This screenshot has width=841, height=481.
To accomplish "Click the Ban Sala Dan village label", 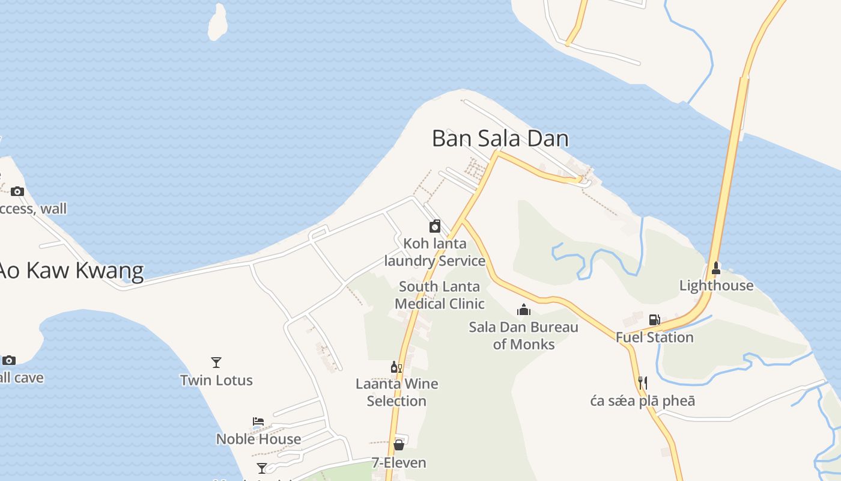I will (500, 139).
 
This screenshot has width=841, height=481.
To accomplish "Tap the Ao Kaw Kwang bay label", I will (71, 271).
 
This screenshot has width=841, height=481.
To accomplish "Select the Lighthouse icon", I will (715, 268).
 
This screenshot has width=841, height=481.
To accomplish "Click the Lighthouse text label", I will (716, 286).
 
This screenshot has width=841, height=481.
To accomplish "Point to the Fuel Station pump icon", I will (654, 320).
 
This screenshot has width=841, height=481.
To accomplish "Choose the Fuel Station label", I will (654, 337).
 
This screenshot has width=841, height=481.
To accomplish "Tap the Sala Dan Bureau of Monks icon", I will (524, 310).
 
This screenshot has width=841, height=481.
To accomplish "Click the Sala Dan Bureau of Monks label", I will (523, 335).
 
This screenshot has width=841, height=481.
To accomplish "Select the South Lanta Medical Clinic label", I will (440, 295).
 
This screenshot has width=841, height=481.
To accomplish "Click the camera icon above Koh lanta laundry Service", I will (435, 226).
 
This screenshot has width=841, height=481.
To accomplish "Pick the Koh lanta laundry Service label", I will (435, 253).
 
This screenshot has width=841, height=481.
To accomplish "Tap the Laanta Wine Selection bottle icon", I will (396, 367).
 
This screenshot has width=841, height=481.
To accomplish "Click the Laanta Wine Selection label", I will (396, 392).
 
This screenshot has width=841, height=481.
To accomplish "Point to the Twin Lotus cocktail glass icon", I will (216, 362).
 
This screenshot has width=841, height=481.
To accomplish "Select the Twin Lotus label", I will (216, 380).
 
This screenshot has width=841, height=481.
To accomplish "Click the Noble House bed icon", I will (258, 421).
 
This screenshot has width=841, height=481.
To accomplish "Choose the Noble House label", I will (258, 439).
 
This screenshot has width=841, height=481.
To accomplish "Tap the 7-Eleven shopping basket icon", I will (398, 445).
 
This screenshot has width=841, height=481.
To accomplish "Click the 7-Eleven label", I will (398, 463).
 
